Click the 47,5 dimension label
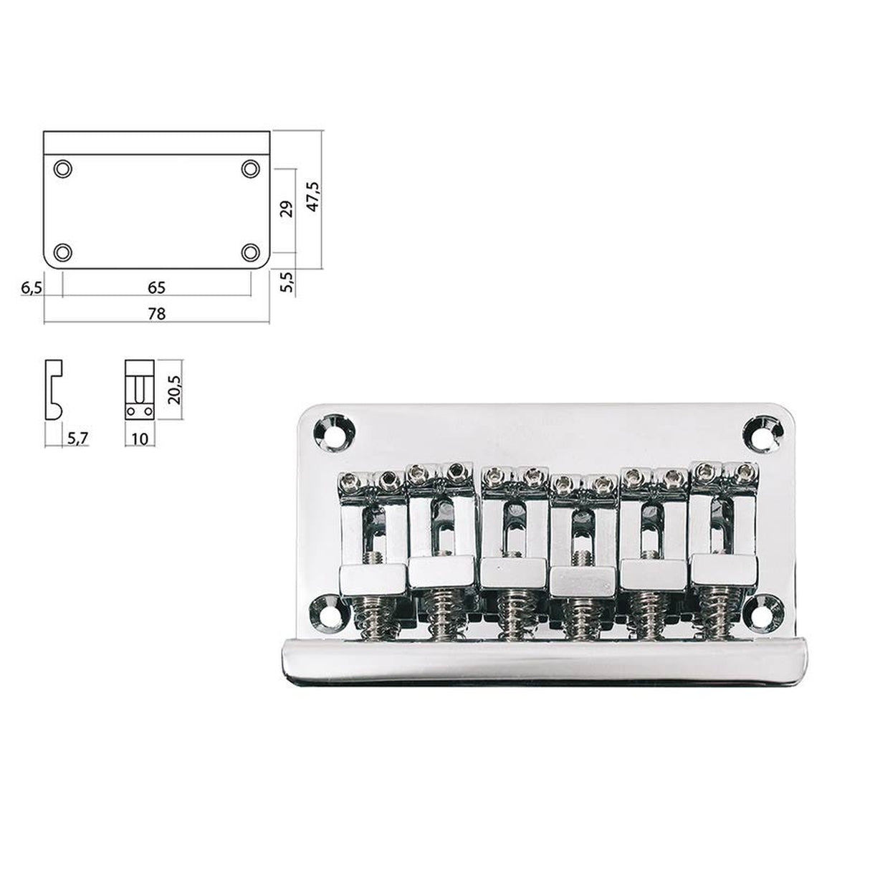[x=313, y=196]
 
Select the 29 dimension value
[x=286, y=209]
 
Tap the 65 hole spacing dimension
[x=157, y=287]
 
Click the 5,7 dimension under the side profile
[x=77, y=436]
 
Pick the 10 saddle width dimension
[x=140, y=436]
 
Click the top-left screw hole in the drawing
[x=63, y=168]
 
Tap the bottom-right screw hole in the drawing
[x=250, y=252]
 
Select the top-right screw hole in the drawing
[x=250, y=168]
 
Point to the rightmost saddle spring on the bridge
[x=717, y=616]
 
